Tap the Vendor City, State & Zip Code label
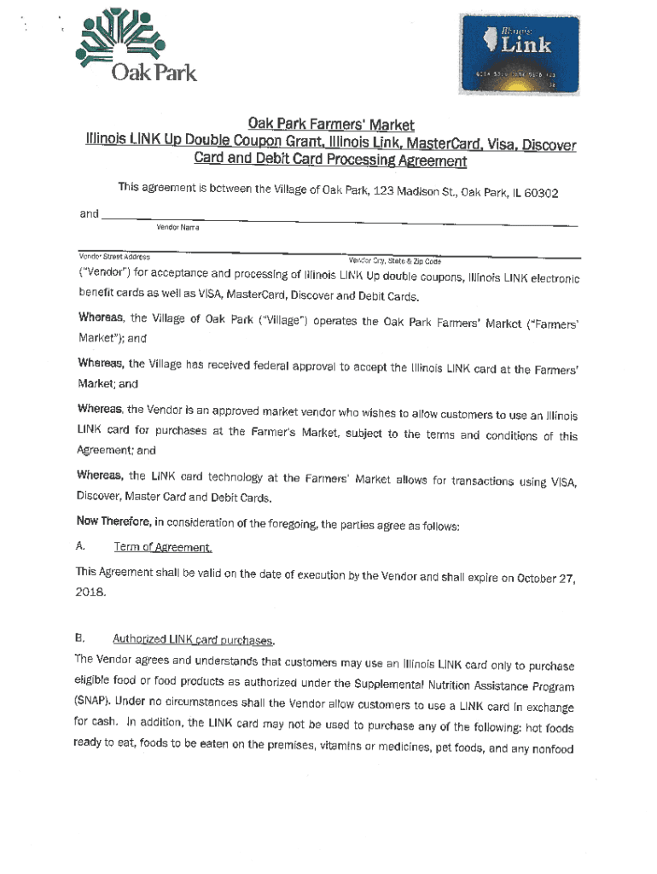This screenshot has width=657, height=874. point(394,260)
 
